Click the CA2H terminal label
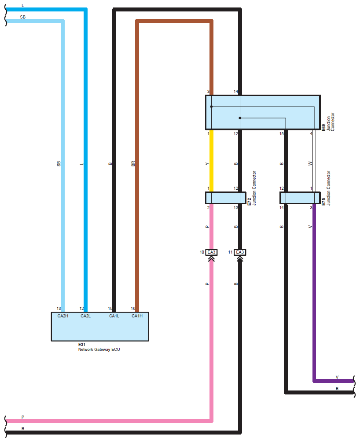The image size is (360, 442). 62,316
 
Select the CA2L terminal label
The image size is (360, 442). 85,316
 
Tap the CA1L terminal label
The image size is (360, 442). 114,316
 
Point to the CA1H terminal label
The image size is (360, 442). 137,316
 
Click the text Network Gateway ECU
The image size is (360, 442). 99,350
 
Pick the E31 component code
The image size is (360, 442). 81,344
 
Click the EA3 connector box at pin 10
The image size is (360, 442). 212,252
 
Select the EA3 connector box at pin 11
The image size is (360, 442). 240,252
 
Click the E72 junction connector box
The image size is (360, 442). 225,198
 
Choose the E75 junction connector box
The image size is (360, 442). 300,198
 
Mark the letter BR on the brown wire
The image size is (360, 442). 133,164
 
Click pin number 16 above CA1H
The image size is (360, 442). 133,309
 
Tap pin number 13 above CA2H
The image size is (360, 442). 59,309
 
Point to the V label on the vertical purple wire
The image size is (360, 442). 310,227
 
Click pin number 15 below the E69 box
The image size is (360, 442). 281,133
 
